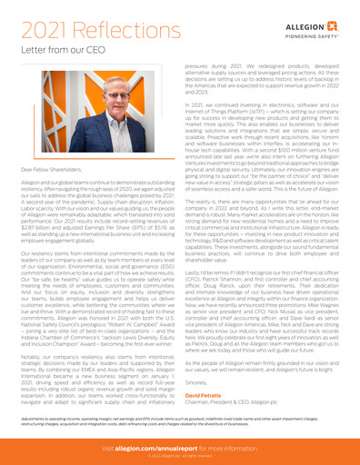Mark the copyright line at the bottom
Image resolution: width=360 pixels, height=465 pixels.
[180, 456]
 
